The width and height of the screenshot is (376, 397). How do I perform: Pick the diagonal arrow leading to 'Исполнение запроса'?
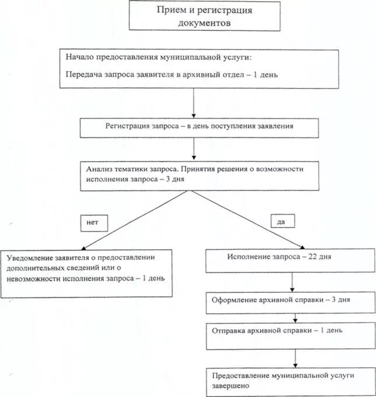click(x=251, y=219)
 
